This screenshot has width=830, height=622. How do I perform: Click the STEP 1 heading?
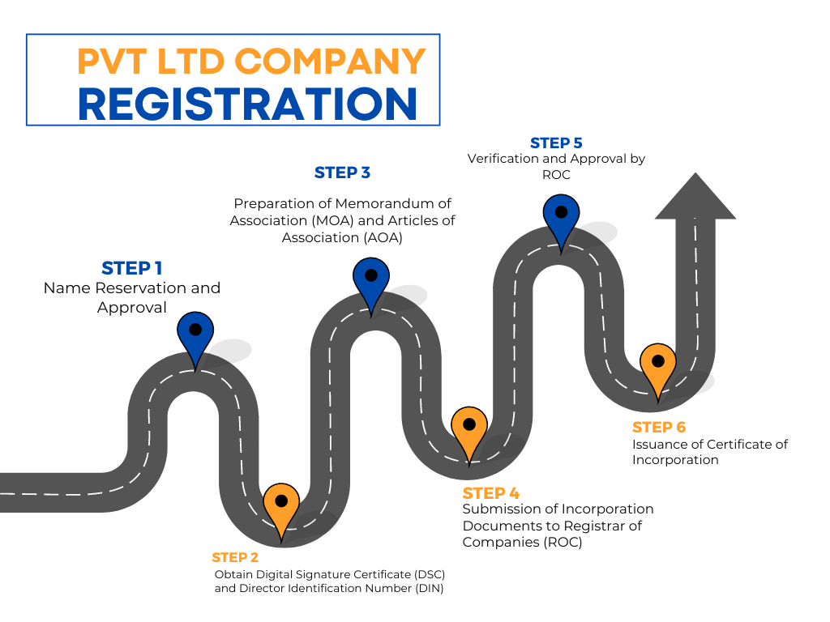coord(132,268)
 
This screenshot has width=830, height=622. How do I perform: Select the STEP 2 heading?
coord(235,557)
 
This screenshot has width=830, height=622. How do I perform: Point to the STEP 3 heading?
coord(342,173)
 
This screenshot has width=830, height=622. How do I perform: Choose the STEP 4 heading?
coord(490,493)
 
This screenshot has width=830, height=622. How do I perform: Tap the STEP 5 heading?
coord(556,143)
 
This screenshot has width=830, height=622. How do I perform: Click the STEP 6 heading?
coord(659,427)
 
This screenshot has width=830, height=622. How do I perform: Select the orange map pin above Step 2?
coord(281,506)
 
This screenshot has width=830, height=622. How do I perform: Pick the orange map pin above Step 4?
coord(469,428)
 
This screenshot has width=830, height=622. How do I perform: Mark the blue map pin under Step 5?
coord(561,216)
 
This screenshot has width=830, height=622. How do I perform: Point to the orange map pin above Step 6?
coord(657,365)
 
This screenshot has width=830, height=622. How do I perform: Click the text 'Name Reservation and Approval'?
coord(132,297)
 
